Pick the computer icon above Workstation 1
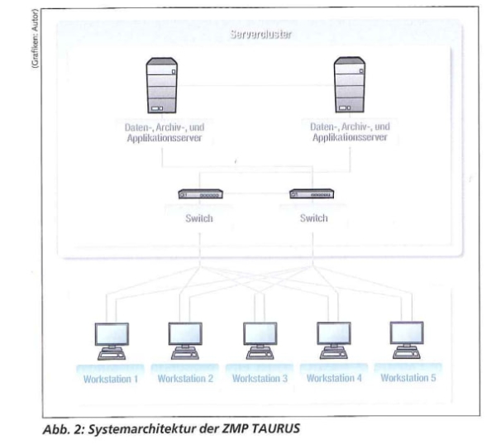click(x=109, y=340)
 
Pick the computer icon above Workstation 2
click(x=184, y=340)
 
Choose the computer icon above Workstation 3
click(x=257, y=340)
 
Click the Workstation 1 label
click(x=110, y=378)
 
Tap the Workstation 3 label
click(x=258, y=378)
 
